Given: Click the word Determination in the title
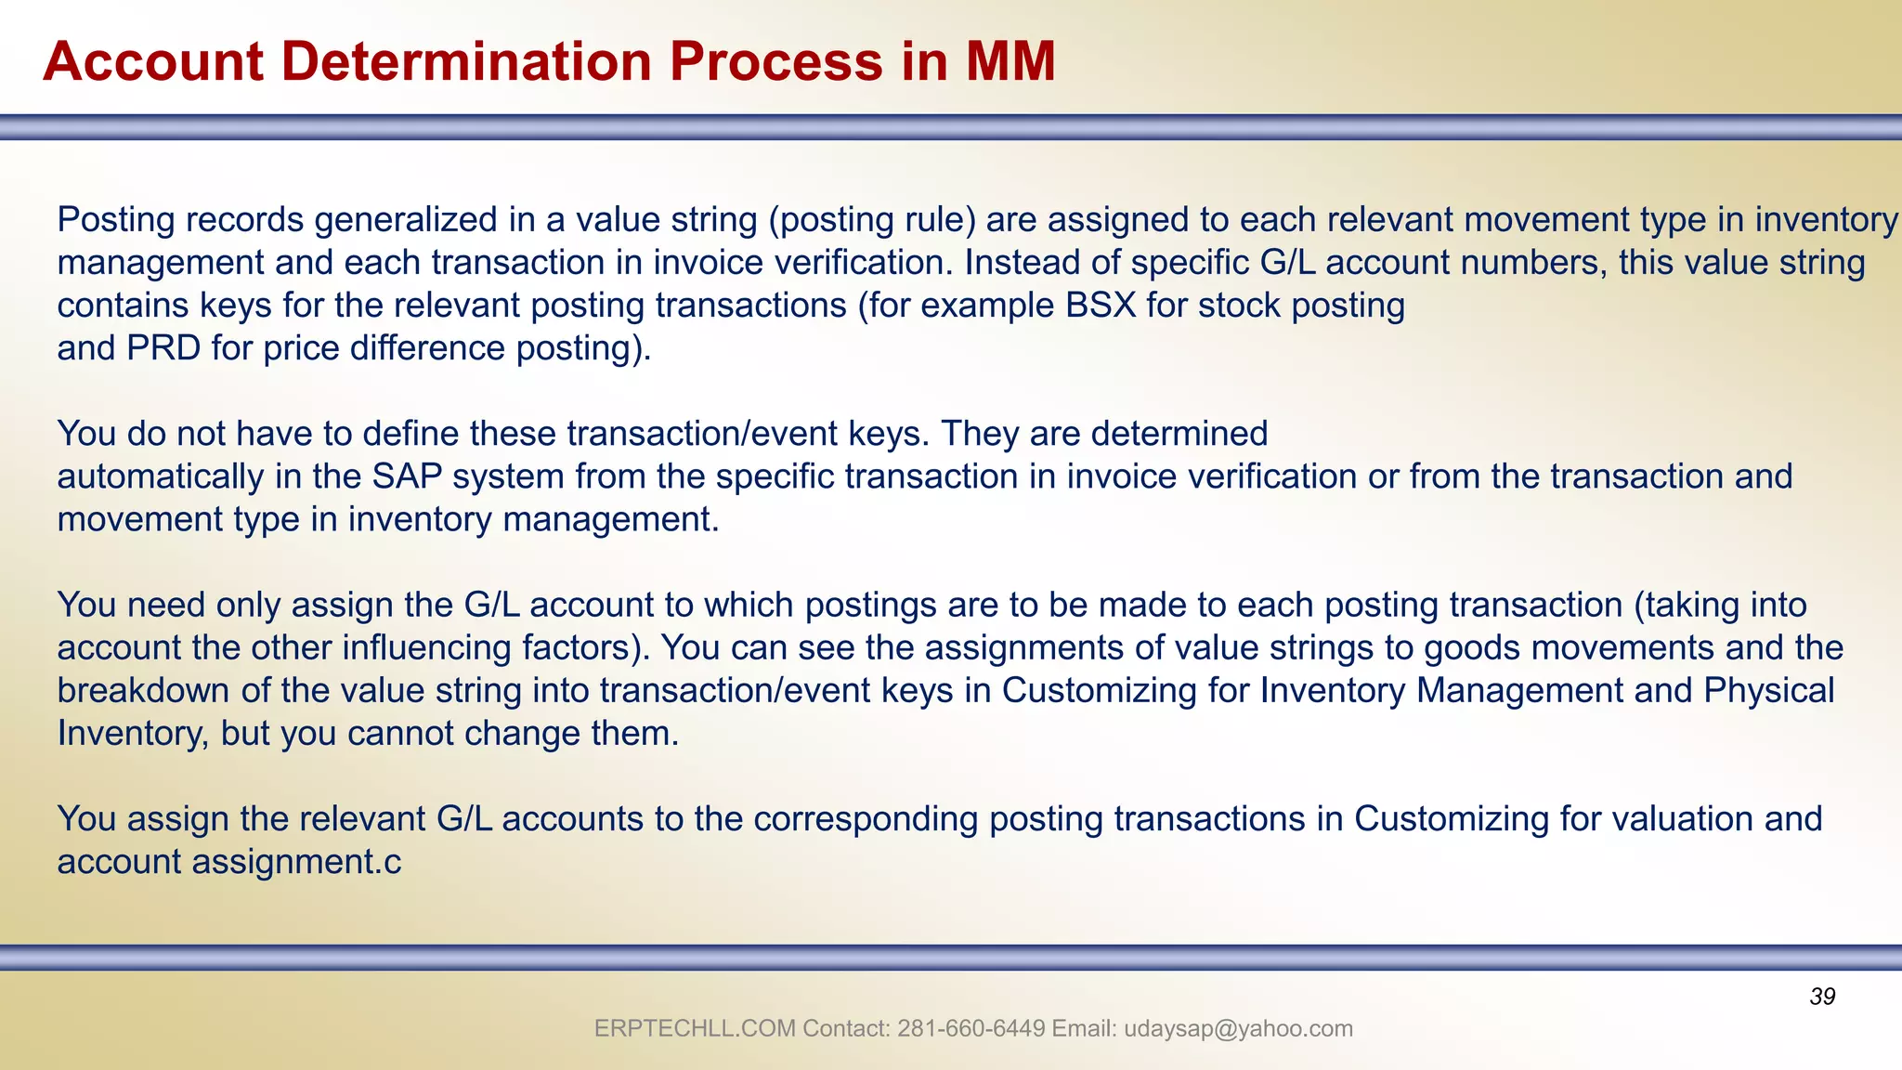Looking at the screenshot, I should coord(467,61).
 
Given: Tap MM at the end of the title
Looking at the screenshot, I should coord(1010,61).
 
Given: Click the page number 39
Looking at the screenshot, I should coord(1822,997).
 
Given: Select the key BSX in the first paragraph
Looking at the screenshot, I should coord(1101,305).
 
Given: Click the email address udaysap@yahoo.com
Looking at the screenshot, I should coord(1238,1028).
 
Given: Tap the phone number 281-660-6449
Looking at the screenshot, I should coord(971,1028).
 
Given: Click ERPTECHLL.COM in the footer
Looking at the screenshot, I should coord(695,1028).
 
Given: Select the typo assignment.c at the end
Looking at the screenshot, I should coord(296,862).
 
